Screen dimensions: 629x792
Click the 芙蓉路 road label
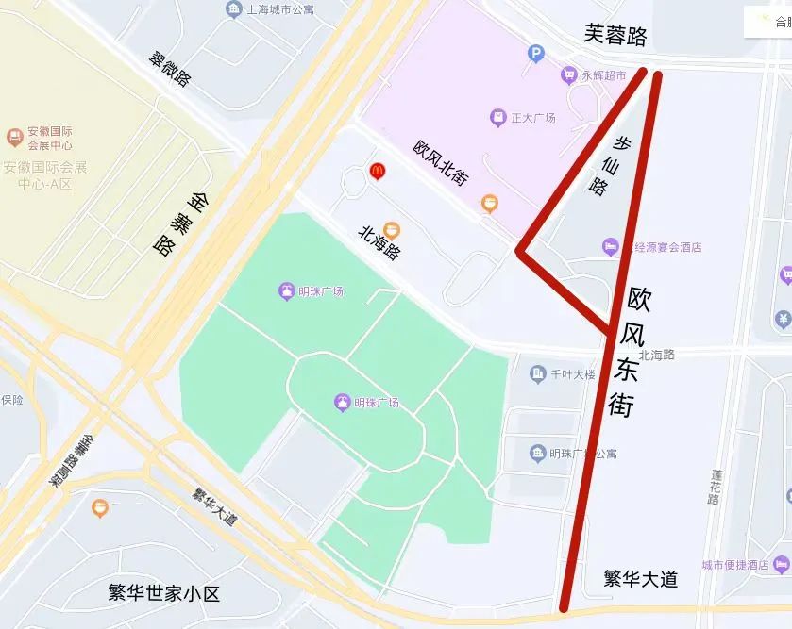pyautogui.click(x=615, y=36)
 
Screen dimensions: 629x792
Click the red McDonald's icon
pyautogui.click(x=378, y=171)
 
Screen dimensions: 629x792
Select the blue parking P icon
pyautogui.click(x=536, y=55)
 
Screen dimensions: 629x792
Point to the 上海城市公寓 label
pyautogui.click(x=278, y=10)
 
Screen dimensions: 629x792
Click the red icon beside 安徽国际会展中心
pyautogui.click(x=14, y=138)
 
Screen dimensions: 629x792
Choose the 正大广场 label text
pyautogui.click(x=532, y=119)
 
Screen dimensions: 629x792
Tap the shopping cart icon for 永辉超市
pyautogui.click(x=568, y=74)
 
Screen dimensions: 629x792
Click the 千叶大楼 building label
pyautogui.click(x=573, y=374)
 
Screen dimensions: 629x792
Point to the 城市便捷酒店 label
pyautogui.click(x=734, y=565)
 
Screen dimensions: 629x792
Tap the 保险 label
pyautogui.click(x=12, y=400)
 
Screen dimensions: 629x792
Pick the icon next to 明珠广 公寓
pyautogui.click(x=537, y=454)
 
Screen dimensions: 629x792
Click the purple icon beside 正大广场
pyautogui.click(x=497, y=119)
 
